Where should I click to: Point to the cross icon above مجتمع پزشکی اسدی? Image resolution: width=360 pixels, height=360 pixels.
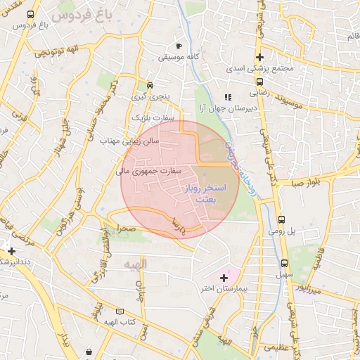(260, 57)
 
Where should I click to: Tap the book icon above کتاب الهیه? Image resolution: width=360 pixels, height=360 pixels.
(120, 311)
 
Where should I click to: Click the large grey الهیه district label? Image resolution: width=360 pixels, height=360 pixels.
(131, 264)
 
